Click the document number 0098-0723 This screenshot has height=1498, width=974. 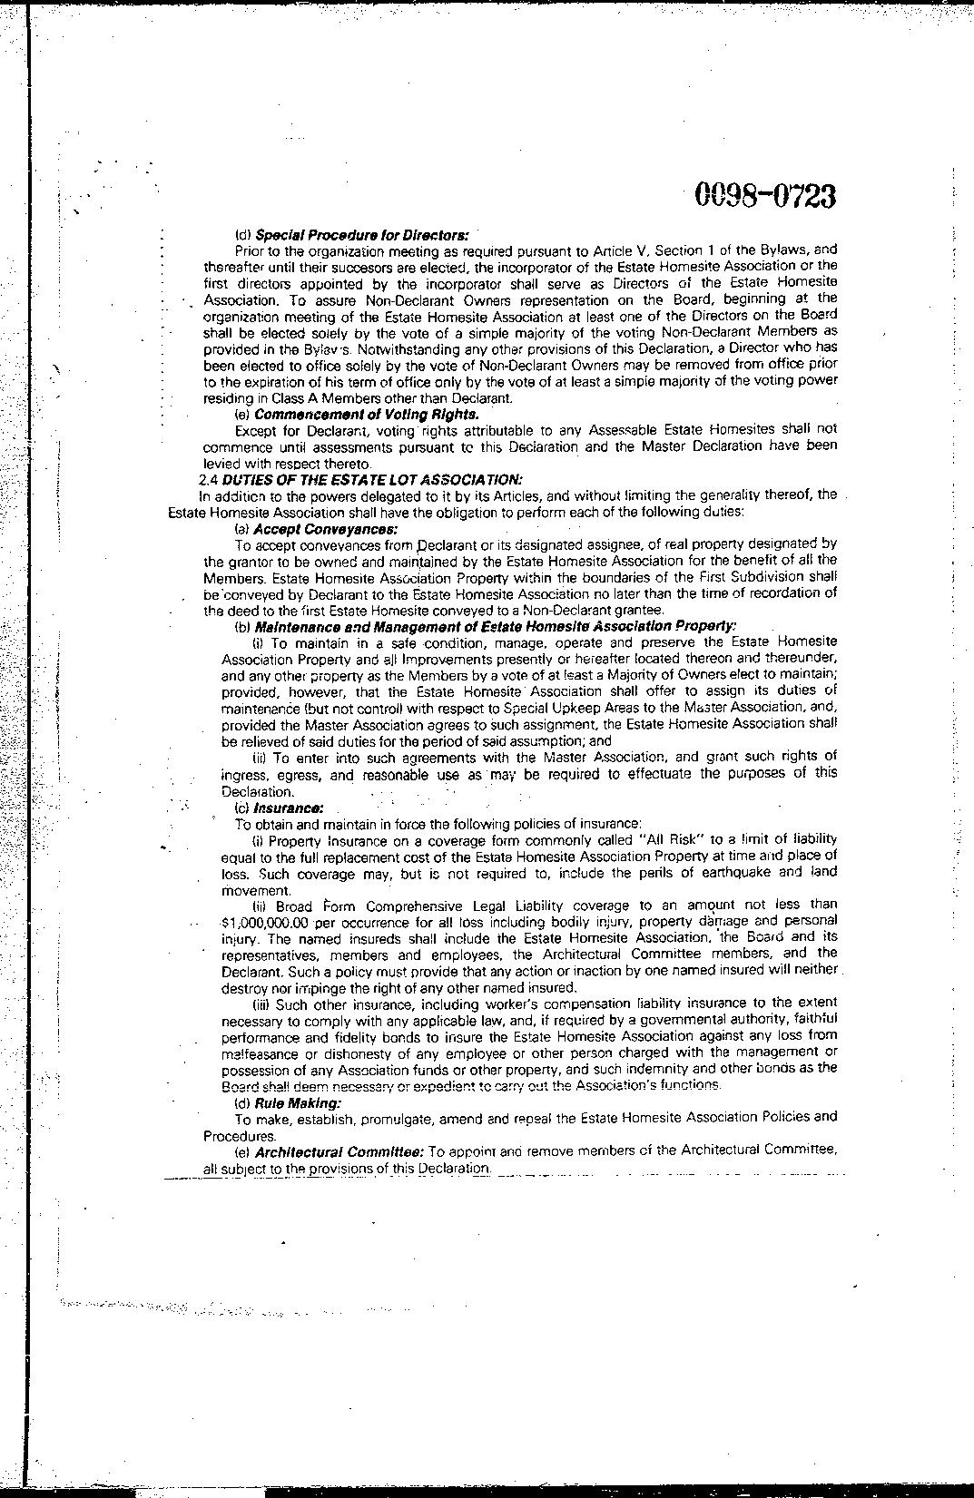764,195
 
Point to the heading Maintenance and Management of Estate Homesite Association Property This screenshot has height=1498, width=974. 496,626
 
